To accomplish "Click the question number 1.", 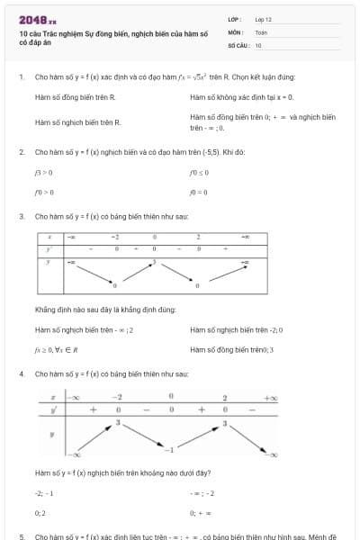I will point(21,77).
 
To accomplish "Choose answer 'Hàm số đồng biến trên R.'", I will point(75,96).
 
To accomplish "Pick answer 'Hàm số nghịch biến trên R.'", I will point(77,121).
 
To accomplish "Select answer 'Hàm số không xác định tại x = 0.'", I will point(241,96).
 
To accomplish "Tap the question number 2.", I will point(21,152).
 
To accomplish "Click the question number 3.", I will point(21,217).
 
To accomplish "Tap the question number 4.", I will point(21,373).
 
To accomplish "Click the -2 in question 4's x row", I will point(117,397).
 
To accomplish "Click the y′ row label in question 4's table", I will point(55,409).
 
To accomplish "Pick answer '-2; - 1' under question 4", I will point(44,493).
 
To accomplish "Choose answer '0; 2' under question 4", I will point(40,512).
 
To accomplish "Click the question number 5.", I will point(21,536).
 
